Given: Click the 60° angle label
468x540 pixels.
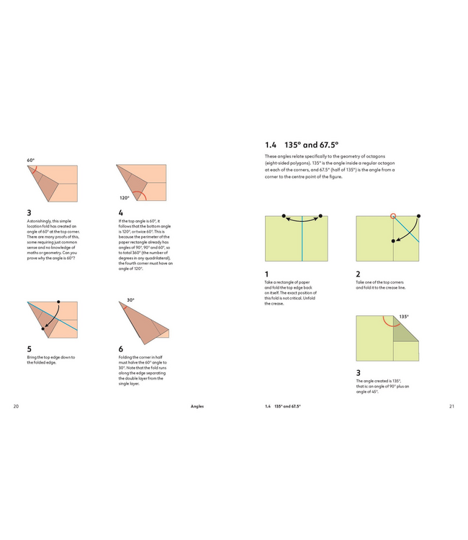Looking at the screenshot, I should click(31, 160).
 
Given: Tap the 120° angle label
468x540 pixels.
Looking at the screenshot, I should click(125, 197).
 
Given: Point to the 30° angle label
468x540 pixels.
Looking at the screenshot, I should click(130, 300).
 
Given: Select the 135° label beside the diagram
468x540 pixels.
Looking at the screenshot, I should click(404, 316).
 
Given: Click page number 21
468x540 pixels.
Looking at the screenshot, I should click(451, 406).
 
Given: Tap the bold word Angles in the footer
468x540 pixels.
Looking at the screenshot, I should click(197, 406).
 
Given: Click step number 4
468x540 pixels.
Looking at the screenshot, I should click(120, 212).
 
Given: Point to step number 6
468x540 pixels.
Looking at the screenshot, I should click(120, 348).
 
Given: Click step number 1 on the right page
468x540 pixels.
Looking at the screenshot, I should click(266, 274).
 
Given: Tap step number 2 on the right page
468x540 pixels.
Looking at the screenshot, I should click(358, 274).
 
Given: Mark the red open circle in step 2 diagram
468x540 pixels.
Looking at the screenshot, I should click(392, 216).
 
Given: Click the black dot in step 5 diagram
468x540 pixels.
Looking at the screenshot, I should click(58, 303).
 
